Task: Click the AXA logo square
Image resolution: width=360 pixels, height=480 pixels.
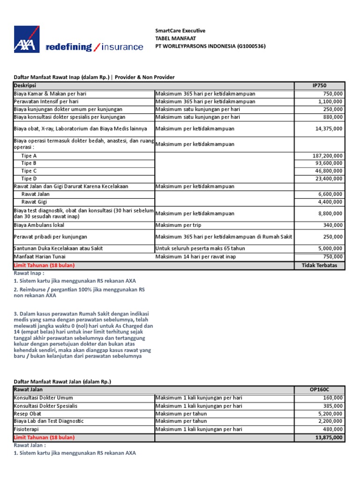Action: pyautogui.click(x=27, y=39)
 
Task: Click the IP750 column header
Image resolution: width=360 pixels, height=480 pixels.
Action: pyautogui.click(x=319, y=85)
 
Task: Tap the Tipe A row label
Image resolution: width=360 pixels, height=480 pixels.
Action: pyautogui.click(x=29, y=156)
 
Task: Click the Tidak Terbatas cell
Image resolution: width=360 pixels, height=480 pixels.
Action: pyautogui.click(x=319, y=265)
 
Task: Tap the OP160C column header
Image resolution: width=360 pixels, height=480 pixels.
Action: pyautogui.click(x=319, y=390)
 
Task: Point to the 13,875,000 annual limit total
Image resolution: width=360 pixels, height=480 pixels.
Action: pyautogui.click(x=327, y=437)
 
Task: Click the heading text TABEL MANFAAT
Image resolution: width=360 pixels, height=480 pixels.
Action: pyautogui.click(x=176, y=38)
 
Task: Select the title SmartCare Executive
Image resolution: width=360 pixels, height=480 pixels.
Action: pyautogui.click(x=180, y=31)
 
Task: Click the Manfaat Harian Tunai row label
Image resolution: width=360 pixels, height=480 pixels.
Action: pyautogui.click(x=39, y=256)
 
